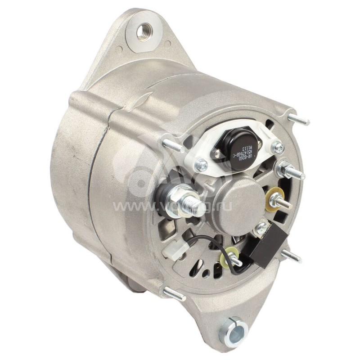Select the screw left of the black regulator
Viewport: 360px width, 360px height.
click(201, 165)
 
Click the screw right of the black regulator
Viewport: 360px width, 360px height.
click(278, 147)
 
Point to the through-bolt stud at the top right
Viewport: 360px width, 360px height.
click(298, 119)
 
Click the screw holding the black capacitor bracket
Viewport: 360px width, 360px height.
click(261, 228)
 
